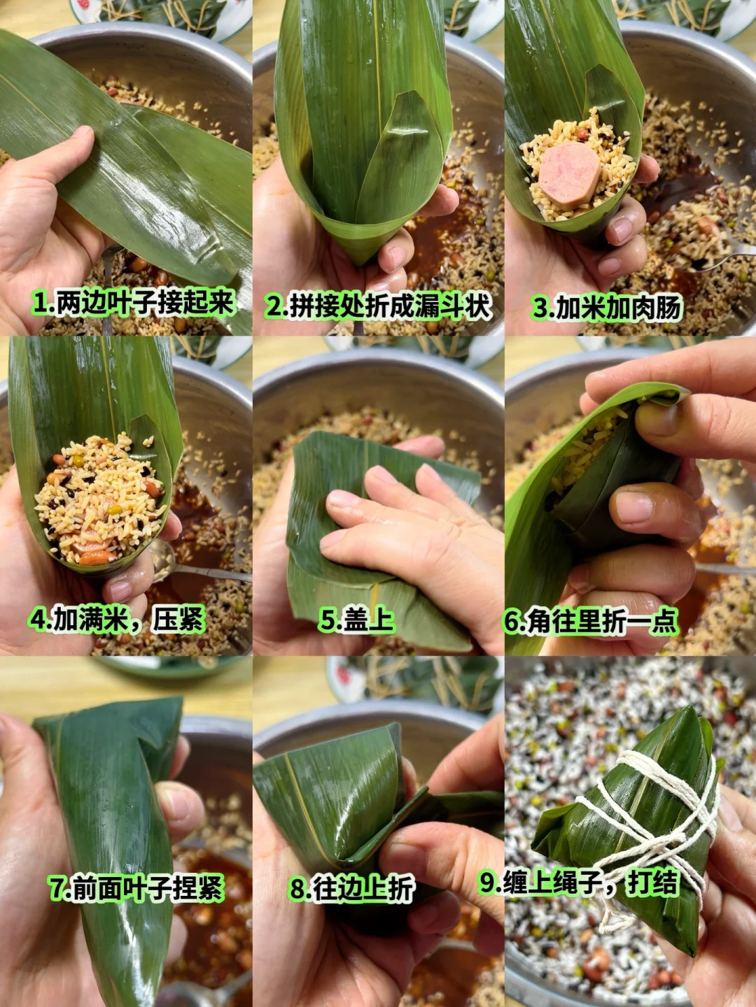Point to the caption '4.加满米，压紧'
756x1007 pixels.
point(117,619)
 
